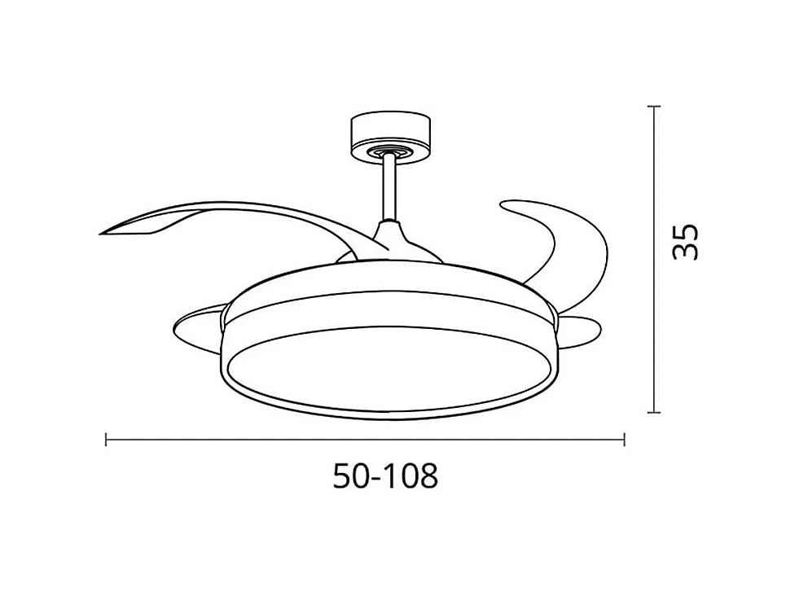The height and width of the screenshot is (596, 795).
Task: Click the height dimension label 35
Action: [x=686, y=240]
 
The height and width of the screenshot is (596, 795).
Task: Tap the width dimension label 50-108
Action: [x=385, y=476]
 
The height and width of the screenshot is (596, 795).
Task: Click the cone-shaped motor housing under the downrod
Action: [x=391, y=243]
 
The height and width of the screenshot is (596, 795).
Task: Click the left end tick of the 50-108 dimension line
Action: [x=107, y=440]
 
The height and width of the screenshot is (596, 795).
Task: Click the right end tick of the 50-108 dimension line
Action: [x=624, y=440]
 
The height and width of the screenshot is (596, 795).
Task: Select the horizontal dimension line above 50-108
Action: [x=367, y=440]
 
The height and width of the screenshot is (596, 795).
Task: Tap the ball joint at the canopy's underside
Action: [x=389, y=152]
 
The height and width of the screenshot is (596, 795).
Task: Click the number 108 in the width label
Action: [x=411, y=476]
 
